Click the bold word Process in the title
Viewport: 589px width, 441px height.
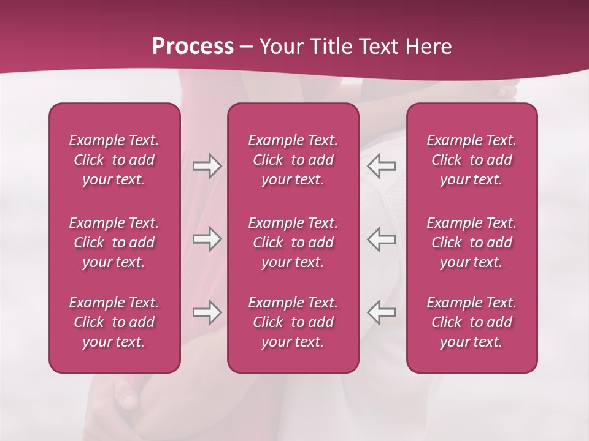[x=193, y=47]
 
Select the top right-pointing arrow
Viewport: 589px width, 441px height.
[x=207, y=166]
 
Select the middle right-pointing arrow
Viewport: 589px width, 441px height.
[x=207, y=239]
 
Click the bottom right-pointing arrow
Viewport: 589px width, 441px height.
[x=207, y=312]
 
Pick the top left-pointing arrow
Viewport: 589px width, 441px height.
[x=382, y=166]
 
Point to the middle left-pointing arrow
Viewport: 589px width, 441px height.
[x=382, y=239]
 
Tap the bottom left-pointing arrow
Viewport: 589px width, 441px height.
[x=382, y=312]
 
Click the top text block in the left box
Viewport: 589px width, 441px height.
[x=114, y=160]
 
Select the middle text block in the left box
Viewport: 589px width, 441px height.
[x=114, y=243]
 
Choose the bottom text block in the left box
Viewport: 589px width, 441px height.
[x=114, y=322]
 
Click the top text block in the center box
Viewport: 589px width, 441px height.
[x=293, y=160]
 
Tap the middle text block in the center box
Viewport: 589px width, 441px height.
[x=293, y=243]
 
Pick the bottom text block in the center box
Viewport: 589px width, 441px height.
[x=293, y=322]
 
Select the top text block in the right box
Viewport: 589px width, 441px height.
[x=472, y=160]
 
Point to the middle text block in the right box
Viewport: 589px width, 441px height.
[x=472, y=243]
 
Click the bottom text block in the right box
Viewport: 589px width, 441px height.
[x=472, y=322]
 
